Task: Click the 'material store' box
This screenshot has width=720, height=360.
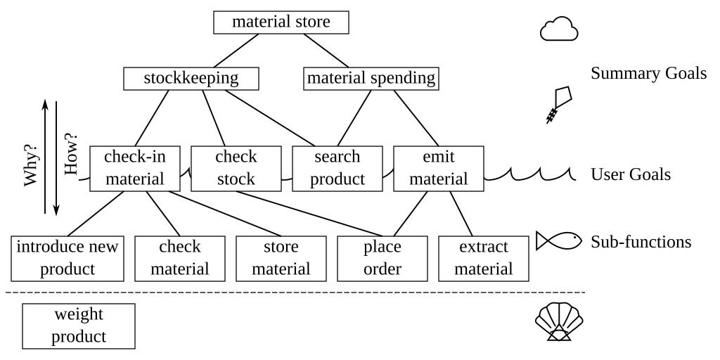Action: pyautogui.click(x=281, y=22)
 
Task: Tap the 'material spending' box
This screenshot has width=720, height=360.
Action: pyautogui.click(x=371, y=78)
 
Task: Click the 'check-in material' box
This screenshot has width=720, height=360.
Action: pyautogui.click(x=134, y=167)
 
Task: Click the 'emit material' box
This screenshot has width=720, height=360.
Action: pyautogui.click(x=438, y=167)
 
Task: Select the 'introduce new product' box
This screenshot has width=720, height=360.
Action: pyautogui.click(x=68, y=257)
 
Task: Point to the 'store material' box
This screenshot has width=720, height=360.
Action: pyautogui.click(x=281, y=257)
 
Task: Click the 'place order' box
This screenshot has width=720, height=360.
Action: pyautogui.click(x=383, y=257)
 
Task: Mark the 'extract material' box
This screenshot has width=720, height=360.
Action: pyautogui.click(x=483, y=257)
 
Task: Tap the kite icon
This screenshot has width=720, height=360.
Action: pyautogui.click(x=559, y=105)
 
